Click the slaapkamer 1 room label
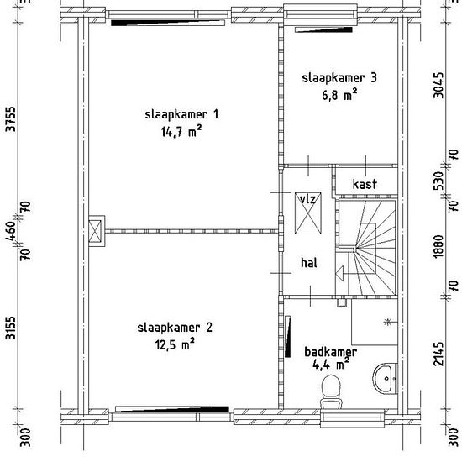[181, 114]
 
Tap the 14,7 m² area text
[181, 131]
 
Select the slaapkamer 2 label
[175, 328]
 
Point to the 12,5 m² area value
[175, 344]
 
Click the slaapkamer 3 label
[339, 78]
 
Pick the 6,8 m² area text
[339, 95]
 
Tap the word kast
[365, 184]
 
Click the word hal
[309, 263]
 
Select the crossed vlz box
[308, 213]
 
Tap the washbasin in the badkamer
[385, 379]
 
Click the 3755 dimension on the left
[11, 119]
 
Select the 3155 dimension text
[11, 328]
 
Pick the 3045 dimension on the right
[438, 85]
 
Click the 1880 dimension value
[438, 246]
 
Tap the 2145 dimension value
[438, 354]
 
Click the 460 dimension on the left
[11, 230]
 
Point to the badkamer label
[330, 352]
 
